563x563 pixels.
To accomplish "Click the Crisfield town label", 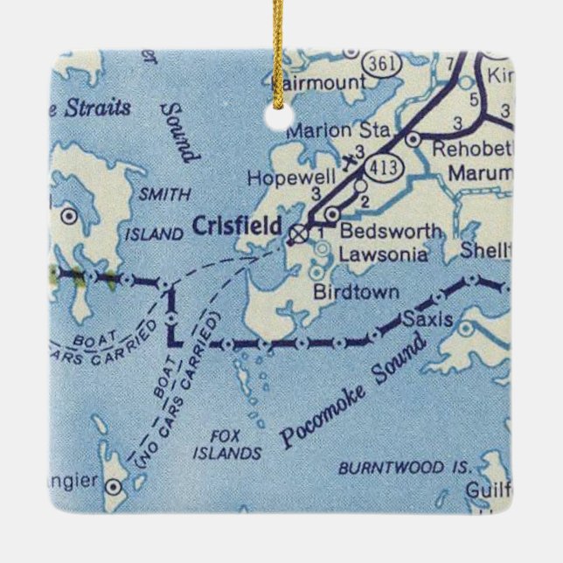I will coord(236,226).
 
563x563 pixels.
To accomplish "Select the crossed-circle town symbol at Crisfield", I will coord(299,233).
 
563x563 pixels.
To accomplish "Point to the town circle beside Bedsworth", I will coord(331,214).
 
